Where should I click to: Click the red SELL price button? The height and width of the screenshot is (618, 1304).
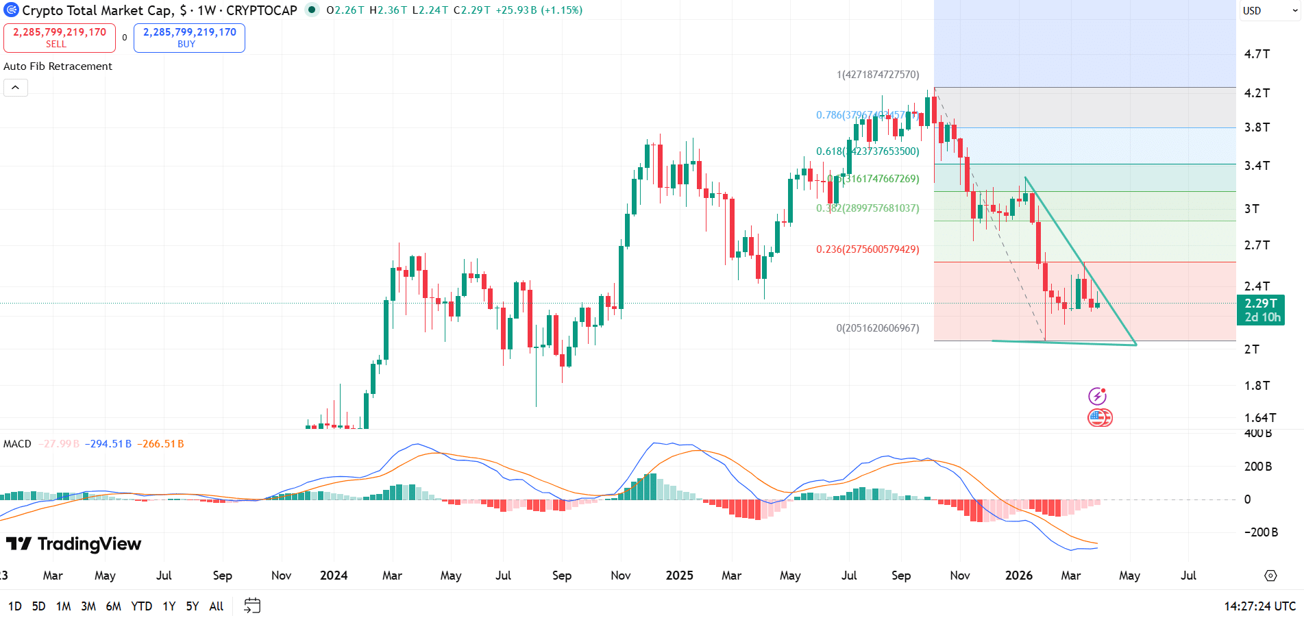[60, 38]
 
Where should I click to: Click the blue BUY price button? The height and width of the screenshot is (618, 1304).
[189, 38]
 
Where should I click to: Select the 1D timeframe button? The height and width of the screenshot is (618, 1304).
[15, 606]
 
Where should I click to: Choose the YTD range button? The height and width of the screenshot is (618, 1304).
[141, 606]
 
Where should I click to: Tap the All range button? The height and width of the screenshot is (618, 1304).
[217, 606]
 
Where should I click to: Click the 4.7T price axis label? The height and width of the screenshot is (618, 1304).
[1257, 54]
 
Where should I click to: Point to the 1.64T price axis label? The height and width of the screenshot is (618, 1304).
[1259, 418]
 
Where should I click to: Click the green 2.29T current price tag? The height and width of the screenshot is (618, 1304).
[1261, 310]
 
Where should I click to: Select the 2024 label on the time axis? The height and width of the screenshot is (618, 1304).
[334, 576]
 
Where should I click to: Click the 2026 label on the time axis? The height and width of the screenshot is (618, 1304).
[1018, 576]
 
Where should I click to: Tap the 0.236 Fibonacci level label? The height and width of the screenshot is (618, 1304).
[867, 249]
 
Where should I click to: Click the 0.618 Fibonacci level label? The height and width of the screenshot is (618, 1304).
[867, 151]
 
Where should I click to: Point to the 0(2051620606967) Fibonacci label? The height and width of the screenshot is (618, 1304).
[877, 328]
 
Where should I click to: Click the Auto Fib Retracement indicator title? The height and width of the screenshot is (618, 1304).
[58, 66]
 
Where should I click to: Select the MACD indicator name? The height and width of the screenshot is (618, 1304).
[17, 444]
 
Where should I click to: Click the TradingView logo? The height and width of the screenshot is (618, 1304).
[74, 544]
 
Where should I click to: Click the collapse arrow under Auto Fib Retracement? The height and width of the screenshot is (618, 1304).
[15, 88]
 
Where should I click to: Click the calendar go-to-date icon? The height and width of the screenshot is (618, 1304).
[252, 606]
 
